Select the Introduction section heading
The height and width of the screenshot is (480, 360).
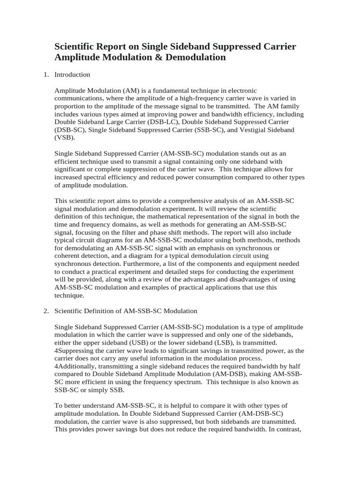72,75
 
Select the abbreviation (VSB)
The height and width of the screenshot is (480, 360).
65,138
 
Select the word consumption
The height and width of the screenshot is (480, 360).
200,177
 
